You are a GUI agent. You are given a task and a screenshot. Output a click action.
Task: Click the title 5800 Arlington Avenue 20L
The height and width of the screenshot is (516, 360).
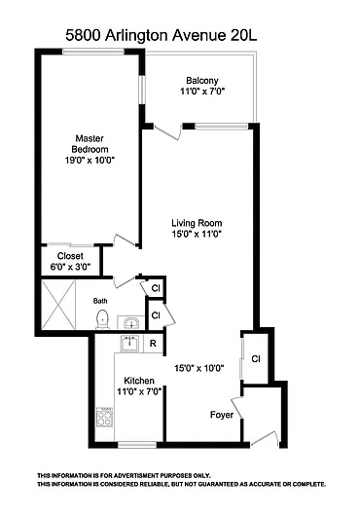pos(162,36)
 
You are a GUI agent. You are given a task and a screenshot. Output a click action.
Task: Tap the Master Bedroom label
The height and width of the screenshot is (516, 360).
pos(90,143)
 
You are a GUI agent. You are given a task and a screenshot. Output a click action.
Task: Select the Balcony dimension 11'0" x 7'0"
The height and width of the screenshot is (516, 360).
pos(202,92)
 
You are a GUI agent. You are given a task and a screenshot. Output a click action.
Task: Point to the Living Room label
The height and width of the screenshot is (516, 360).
pos(197,223)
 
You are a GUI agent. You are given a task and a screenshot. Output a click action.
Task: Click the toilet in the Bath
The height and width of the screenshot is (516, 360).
pos(102,319)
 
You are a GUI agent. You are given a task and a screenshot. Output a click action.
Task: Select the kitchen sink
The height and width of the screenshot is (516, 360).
pos(130,344)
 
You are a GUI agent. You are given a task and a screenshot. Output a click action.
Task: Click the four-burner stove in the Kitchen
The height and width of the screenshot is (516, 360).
pos(104,418)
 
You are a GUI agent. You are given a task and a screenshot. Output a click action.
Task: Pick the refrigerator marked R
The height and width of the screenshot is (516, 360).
pos(153,344)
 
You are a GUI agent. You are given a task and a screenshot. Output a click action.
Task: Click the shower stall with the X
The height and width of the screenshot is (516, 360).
pos(58,304)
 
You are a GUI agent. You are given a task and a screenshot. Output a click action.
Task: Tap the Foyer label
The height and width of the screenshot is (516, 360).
pos(222,415)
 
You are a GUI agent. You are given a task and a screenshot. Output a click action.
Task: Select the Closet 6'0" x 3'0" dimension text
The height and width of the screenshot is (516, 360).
pos(70,267)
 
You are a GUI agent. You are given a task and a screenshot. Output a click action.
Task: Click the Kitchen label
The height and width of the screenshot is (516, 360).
pos(139,381)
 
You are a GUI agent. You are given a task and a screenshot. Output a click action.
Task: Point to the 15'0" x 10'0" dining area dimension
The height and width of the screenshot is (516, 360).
pos(199,368)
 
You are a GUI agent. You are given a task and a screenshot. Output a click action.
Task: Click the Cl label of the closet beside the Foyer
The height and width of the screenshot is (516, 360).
pos(256,358)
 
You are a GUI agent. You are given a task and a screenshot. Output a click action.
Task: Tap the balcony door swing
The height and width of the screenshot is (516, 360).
pos(167,131)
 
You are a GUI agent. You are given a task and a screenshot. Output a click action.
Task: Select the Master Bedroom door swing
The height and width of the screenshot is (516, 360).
pos(125,240)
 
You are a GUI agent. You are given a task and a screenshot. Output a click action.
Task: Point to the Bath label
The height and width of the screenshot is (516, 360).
pos(100,301)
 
